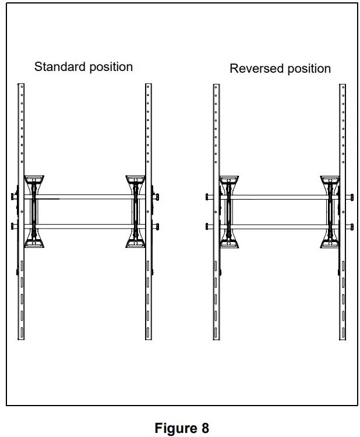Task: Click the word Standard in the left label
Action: pos(57,66)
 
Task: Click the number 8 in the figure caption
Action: pos(205,428)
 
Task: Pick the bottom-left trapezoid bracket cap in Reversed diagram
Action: pos(228,243)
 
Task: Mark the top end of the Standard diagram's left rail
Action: pos(21,86)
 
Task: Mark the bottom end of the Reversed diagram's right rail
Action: pos(343,339)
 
